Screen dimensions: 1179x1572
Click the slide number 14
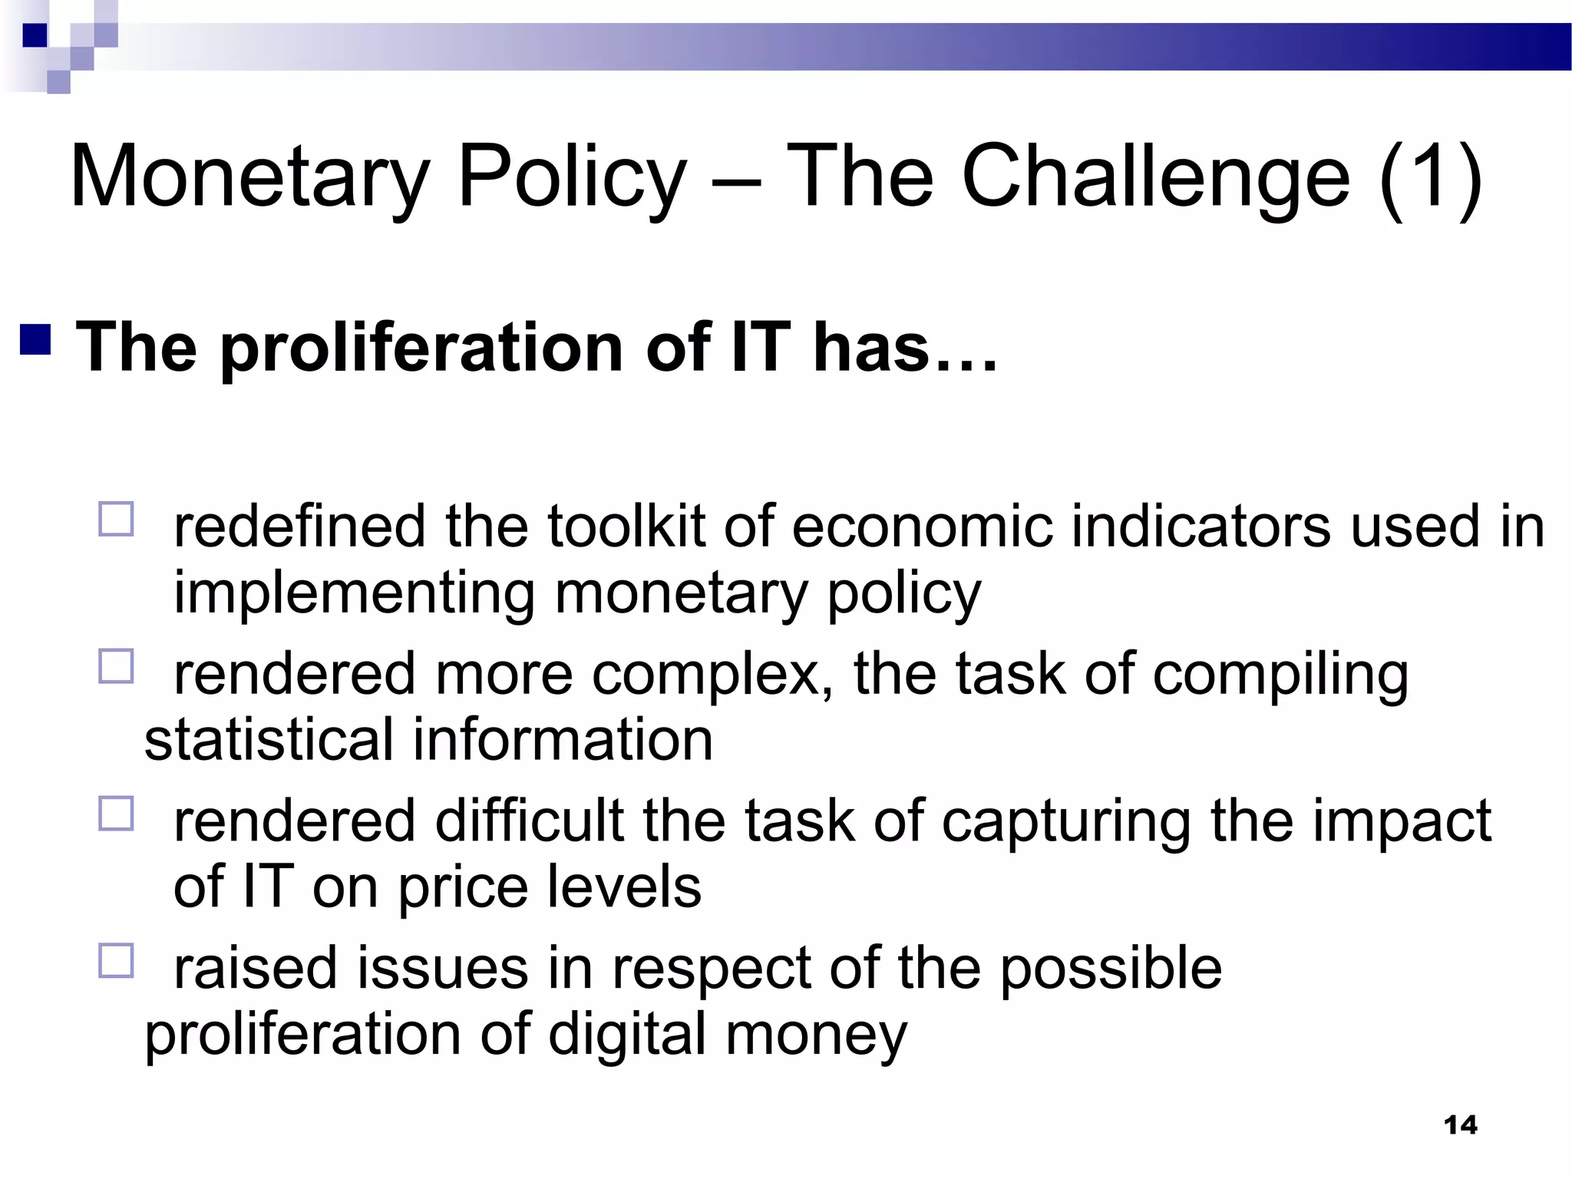click(1460, 1125)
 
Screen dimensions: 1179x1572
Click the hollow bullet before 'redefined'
click(116, 519)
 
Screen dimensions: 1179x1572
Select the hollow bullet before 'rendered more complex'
click(116, 666)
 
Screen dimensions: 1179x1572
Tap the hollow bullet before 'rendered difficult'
click(116, 814)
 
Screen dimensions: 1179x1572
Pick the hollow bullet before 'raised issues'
click(116, 960)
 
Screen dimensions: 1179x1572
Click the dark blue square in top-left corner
click(35, 35)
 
